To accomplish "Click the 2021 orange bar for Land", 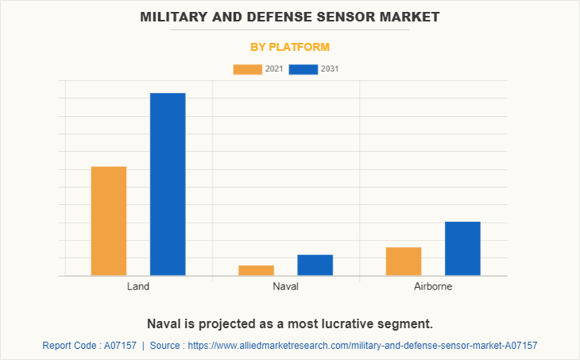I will [x=109, y=221].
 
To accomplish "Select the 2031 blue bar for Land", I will [x=168, y=184].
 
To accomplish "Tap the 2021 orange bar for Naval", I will [x=256, y=270].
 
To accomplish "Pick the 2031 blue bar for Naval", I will [x=315, y=265].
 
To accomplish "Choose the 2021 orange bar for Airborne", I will [x=404, y=261].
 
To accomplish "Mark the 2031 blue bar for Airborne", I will [x=462, y=249].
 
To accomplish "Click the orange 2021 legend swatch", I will [x=247, y=69].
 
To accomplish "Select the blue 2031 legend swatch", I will [x=303, y=69].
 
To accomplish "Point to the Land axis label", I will [x=138, y=287].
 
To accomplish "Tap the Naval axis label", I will [x=285, y=287].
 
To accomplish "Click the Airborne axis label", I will [x=433, y=287].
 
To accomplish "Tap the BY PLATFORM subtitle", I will [x=290, y=47].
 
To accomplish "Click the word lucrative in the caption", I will [x=346, y=324].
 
